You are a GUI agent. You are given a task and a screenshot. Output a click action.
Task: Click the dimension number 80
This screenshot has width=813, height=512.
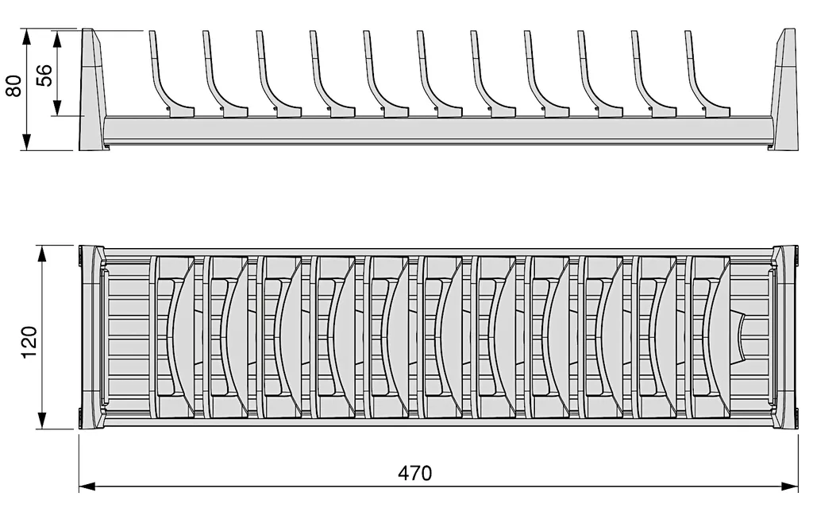pyautogui.click(x=14, y=86)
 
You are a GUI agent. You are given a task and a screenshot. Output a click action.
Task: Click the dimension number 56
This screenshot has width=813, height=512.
pyautogui.click(x=44, y=75)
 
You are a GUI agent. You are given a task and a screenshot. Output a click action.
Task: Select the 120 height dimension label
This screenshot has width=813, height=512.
pyautogui.click(x=29, y=341)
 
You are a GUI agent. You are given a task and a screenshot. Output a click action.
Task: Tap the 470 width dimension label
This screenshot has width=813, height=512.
pyautogui.click(x=414, y=473)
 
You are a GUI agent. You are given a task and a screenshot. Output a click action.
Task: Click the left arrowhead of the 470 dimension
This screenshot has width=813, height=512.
pyautogui.click(x=87, y=487)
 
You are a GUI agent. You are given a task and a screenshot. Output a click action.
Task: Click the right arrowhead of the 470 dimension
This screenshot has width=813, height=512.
pyautogui.click(x=790, y=487)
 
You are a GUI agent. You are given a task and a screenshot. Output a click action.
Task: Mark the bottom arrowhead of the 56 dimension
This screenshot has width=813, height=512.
pyautogui.click(x=57, y=107)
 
